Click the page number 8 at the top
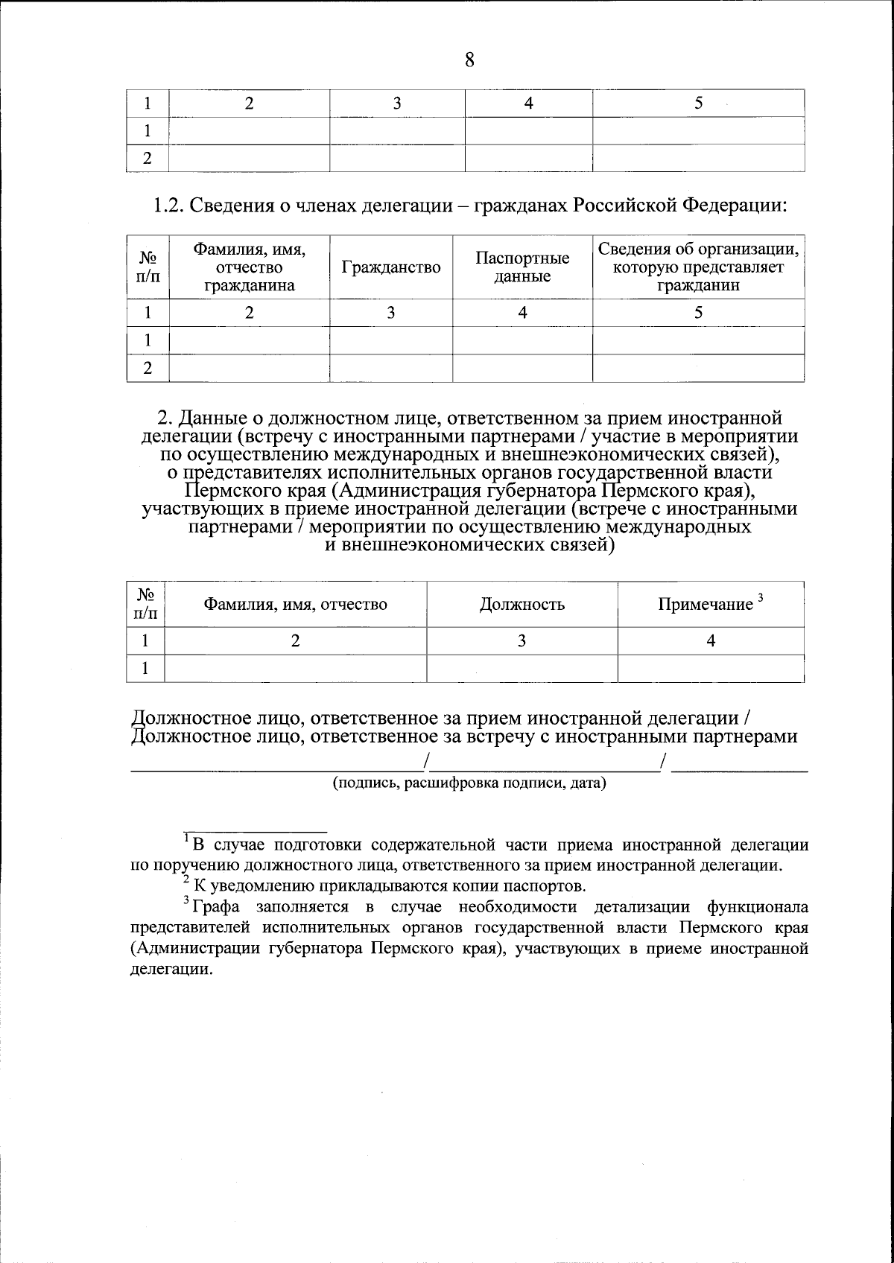(469, 60)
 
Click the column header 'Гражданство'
(390, 267)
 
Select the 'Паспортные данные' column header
(522, 267)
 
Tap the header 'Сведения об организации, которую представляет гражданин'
(698, 267)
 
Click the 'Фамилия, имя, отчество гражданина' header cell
(250, 267)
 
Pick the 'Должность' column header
(521, 604)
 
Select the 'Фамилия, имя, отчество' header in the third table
(296, 604)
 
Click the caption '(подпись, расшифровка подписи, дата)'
(469, 783)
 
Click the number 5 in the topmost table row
(698, 104)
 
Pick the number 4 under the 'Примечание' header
(711, 640)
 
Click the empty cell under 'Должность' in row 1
(521, 668)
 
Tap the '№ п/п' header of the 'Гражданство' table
(148, 267)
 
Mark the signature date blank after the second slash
(739, 765)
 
